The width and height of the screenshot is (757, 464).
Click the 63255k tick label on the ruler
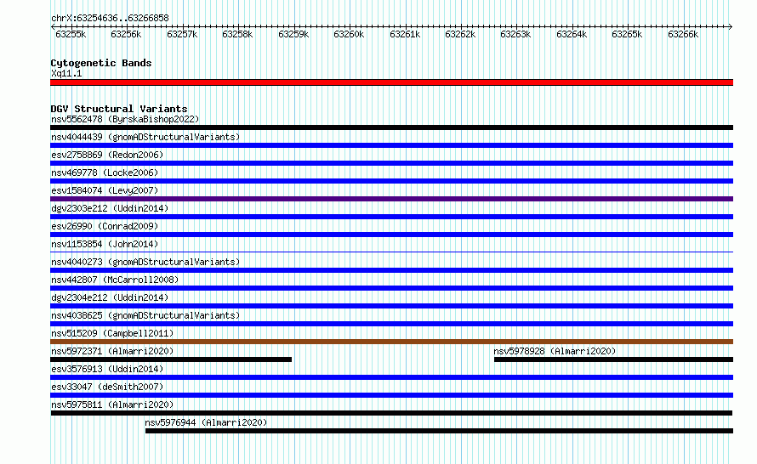tap(71, 34)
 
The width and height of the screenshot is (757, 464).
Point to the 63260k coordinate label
tap(349, 34)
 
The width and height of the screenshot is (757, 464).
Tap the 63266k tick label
tap(683, 34)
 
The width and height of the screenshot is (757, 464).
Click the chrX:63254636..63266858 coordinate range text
tap(110, 19)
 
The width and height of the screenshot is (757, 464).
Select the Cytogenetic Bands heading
tap(101, 63)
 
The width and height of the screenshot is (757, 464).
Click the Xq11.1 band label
tap(66, 73)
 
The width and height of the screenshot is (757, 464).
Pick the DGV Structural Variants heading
tap(119, 109)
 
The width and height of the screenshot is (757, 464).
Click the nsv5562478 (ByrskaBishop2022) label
tap(125, 119)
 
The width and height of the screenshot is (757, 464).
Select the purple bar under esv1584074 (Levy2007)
tap(391, 199)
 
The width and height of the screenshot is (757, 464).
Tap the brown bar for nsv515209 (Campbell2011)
tap(391, 342)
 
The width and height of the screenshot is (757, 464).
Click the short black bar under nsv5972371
tap(171, 359)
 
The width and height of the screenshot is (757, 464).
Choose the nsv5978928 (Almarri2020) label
tap(555, 351)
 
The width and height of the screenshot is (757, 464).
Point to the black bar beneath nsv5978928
tap(613, 359)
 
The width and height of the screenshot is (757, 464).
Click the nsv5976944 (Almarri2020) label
tap(206, 422)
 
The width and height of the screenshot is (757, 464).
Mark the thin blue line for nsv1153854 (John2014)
tap(391, 252)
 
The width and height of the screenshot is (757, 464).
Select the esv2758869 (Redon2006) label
tap(107, 155)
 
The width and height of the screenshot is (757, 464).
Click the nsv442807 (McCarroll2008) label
tap(115, 280)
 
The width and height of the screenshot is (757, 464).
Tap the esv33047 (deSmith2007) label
tap(107, 387)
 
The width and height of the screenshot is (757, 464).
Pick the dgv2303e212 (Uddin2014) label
tap(110, 208)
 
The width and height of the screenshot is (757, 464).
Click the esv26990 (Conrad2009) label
tap(105, 226)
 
